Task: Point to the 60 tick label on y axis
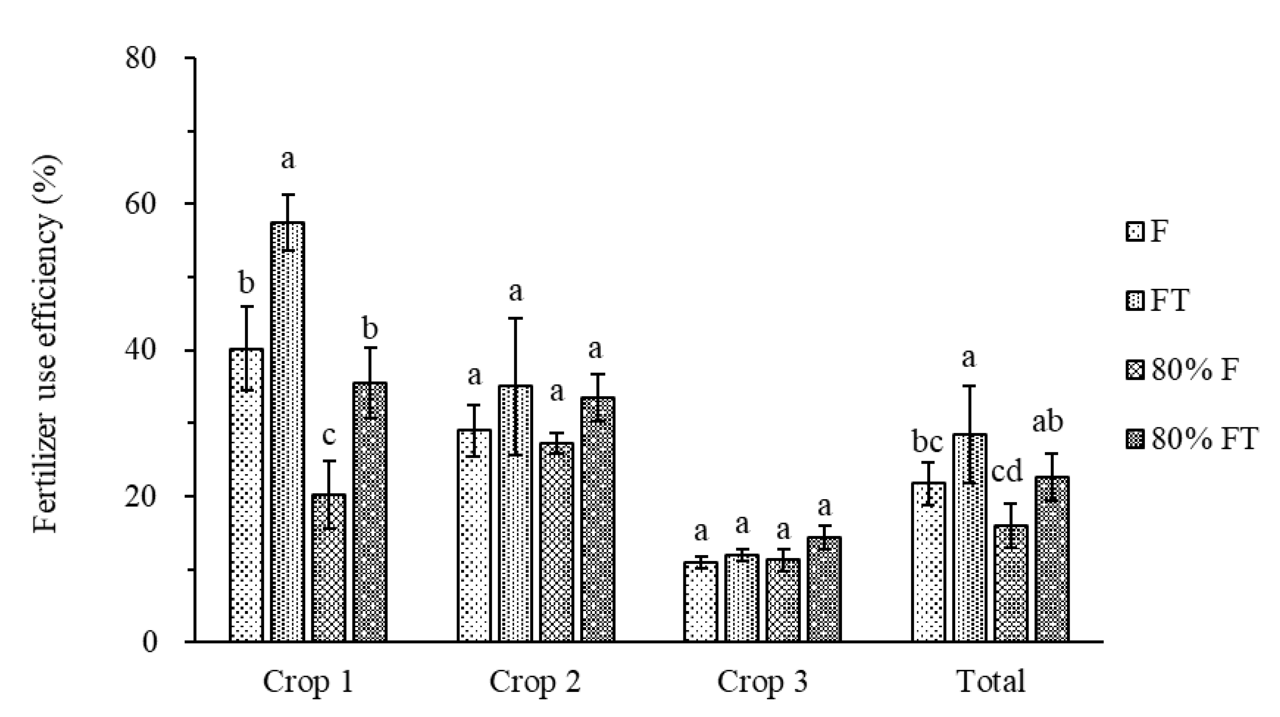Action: point(141,204)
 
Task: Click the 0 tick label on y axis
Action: point(149,641)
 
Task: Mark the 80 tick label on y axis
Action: point(141,58)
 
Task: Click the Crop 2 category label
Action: point(535,681)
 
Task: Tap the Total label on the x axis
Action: point(991,681)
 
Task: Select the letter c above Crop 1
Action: point(329,436)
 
